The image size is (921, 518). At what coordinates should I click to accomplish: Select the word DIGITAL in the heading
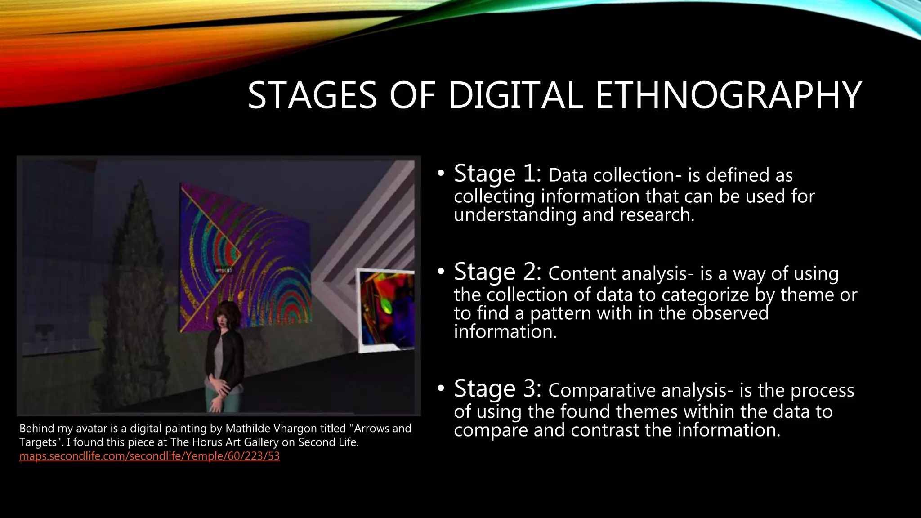515,95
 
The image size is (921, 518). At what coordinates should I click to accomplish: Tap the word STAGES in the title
312,95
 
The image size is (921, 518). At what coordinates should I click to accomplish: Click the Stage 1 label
497,174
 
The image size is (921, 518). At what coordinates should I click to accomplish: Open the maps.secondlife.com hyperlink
149,456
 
